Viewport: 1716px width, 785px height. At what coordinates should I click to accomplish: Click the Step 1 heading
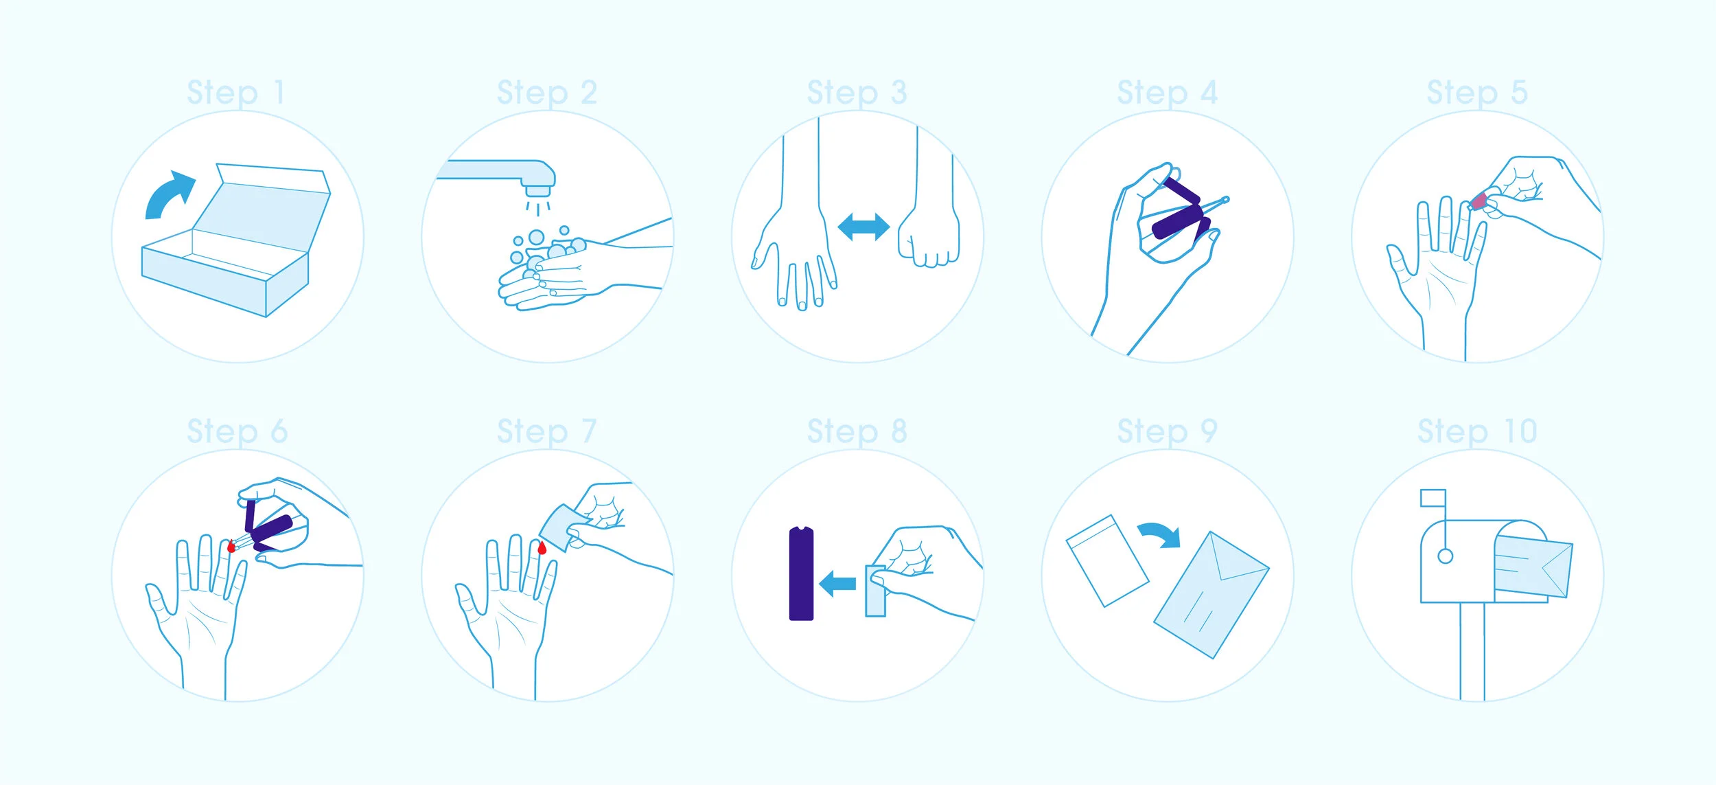tap(236, 93)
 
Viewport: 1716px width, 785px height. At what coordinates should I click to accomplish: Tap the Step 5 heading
tap(1477, 93)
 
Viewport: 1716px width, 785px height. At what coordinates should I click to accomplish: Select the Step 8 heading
tap(857, 433)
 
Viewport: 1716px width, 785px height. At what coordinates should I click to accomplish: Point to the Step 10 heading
tap(1477, 433)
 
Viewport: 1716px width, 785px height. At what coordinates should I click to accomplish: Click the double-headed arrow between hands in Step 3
tap(863, 227)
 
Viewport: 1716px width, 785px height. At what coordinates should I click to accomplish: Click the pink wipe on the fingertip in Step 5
tap(1479, 201)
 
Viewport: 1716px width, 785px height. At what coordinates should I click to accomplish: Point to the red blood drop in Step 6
tap(231, 547)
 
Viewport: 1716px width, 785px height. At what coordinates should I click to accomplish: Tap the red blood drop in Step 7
tap(542, 547)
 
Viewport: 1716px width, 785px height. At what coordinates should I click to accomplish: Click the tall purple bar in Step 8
tap(801, 573)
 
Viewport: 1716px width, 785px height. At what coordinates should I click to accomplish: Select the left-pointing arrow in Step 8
tap(837, 584)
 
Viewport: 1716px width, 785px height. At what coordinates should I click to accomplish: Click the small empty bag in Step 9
tap(1107, 561)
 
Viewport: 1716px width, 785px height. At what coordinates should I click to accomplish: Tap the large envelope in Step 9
tap(1211, 595)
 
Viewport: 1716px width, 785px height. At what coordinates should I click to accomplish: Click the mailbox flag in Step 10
tap(1433, 498)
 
